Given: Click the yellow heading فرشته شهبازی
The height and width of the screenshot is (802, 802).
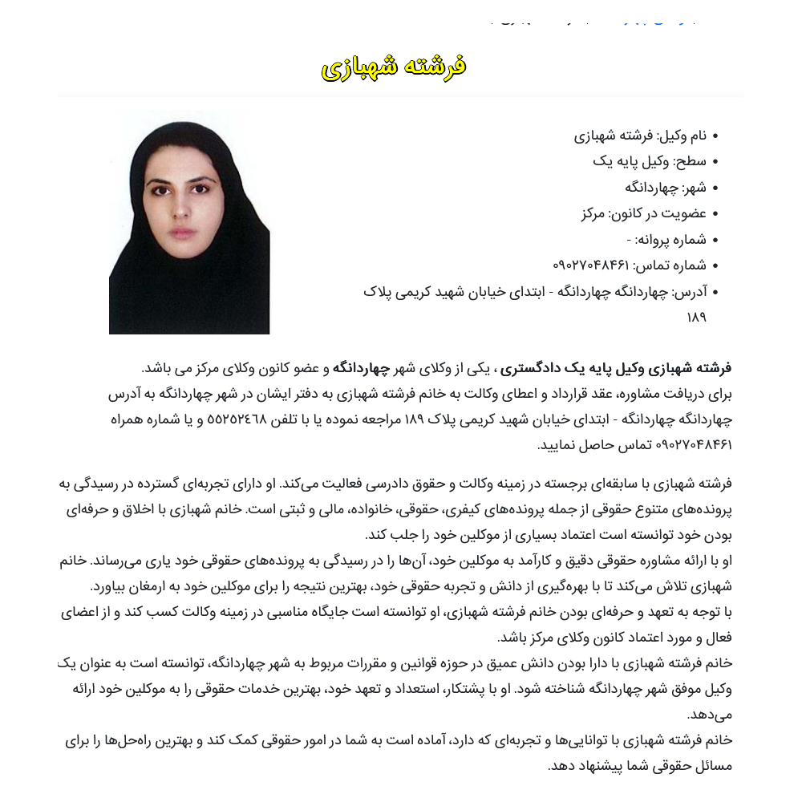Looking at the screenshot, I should coord(394,67).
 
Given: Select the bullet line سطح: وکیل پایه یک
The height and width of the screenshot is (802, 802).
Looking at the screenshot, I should coord(650,161).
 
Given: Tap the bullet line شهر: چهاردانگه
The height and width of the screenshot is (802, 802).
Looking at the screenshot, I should coord(666,188).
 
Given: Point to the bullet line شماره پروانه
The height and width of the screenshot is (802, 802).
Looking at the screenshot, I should coord(666,239).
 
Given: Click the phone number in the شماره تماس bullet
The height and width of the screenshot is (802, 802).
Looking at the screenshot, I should coord(591,265).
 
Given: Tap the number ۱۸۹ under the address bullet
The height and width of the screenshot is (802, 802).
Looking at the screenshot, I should coord(696,317).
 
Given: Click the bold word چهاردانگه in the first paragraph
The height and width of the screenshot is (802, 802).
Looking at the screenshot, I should coord(360,368).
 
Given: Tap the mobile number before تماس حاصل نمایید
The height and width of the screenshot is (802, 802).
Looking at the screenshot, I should coord(695,444).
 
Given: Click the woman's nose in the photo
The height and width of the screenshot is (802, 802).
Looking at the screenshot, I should coord(182,211).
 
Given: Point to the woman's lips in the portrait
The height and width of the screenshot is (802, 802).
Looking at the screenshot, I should coord(182,233).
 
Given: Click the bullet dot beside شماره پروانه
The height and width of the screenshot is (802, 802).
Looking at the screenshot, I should coord(715,240).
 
